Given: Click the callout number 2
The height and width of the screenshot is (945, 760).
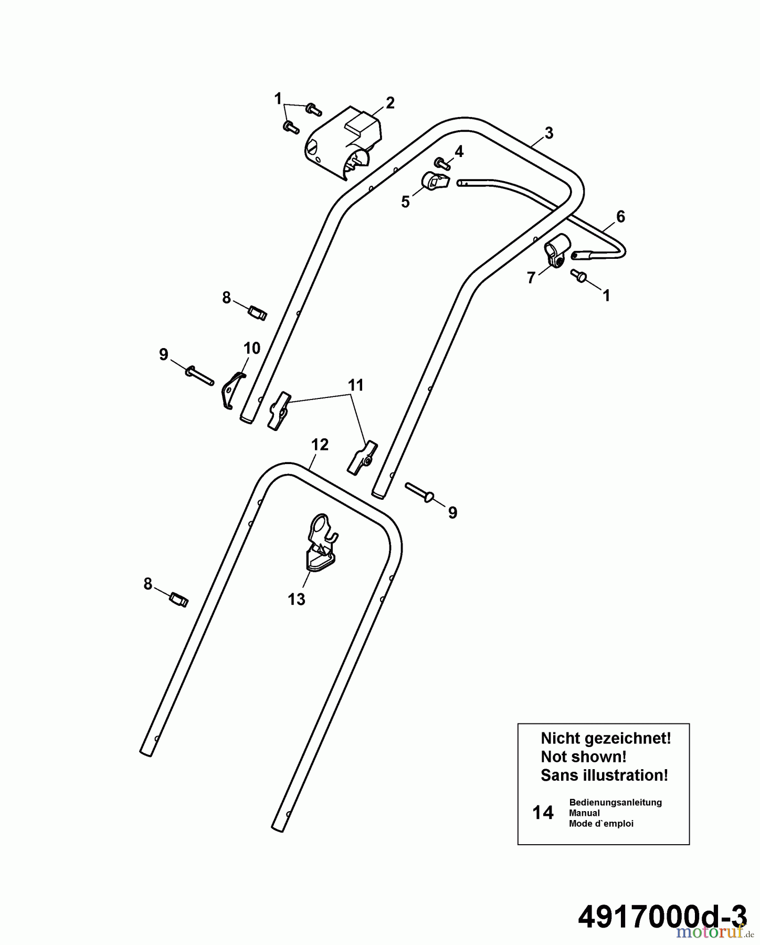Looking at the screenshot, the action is tap(390, 103).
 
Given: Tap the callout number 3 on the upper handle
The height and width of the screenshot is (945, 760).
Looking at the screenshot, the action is tap(549, 133).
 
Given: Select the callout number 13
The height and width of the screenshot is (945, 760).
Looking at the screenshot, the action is tap(297, 599).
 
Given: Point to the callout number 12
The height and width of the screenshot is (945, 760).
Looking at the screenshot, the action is tap(320, 445).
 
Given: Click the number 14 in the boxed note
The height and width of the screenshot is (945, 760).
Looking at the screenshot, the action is tap(543, 813).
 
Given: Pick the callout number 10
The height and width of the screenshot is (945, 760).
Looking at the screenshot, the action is tap(252, 348).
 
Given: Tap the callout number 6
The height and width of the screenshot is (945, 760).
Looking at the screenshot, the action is tap(620, 216).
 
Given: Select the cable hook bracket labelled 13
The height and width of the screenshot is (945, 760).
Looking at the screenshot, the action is tap(321, 542).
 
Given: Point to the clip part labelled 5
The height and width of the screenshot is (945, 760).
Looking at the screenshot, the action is tap(435, 182).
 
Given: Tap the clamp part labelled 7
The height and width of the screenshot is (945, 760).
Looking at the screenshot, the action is tap(556, 251).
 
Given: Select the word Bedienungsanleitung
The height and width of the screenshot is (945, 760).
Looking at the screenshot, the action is tap(615, 802).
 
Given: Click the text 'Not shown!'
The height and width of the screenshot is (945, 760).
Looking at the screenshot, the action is tap(584, 757).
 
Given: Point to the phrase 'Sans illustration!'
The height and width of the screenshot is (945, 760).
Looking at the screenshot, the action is tap(605, 775).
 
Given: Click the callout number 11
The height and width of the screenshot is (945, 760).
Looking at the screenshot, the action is tap(356, 385).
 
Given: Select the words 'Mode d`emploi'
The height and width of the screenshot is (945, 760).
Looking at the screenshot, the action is tap(601, 824).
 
